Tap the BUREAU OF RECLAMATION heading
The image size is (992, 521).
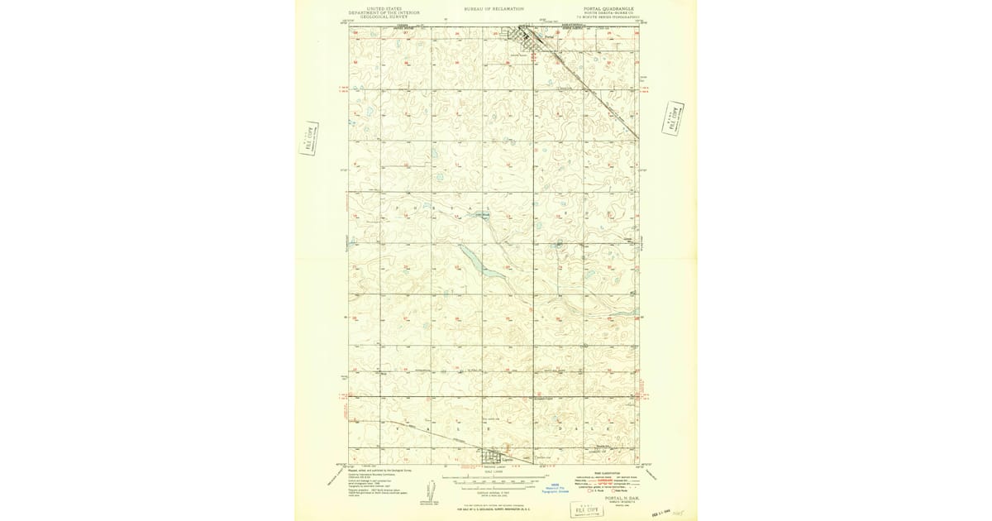pos(494,8)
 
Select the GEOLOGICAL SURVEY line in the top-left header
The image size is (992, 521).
pos(384,17)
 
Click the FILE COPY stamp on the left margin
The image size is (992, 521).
pos(309,138)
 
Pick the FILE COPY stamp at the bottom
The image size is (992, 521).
pos(589,509)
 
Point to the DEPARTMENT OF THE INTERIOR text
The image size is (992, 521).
pos(384,12)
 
